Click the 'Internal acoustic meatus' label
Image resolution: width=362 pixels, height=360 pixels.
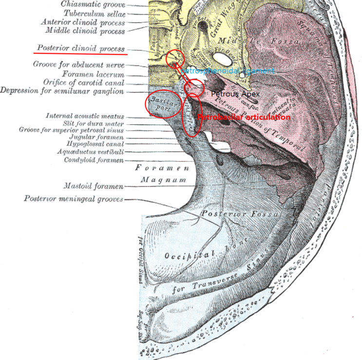pyautogui.click(x=85, y=116)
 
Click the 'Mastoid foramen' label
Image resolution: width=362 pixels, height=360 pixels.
pyautogui.click(x=94, y=186)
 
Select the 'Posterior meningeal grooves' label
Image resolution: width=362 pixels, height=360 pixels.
pyautogui.click(x=74, y=199)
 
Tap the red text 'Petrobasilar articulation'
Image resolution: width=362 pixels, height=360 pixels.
pyautogui.click(x=244, y=117)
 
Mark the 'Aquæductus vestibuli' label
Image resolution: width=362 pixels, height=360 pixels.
pyautogui.click(x=90, y=152)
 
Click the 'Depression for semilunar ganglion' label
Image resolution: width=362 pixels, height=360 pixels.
pyautogui.click(x=62, y=91)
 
